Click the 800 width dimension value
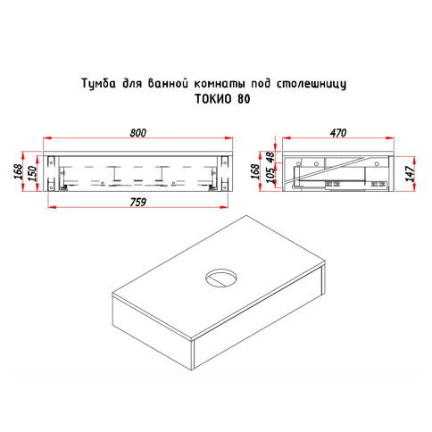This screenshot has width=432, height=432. [x=138, y=133]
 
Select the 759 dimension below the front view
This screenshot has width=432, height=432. [x=138, y=203]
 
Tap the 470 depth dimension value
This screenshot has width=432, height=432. [x=338, y=133]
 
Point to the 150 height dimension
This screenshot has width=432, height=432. [x=32, y=174]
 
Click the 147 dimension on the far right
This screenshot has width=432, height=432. [x=411, y=174]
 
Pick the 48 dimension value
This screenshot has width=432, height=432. [x=270, y=158]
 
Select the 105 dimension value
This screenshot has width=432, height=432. [x=270, y=176]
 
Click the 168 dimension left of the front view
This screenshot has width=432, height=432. [x=18, y=171]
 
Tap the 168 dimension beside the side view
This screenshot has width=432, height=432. [x=255, y=171]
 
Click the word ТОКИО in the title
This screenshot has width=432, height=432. [x=214, y=99]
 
